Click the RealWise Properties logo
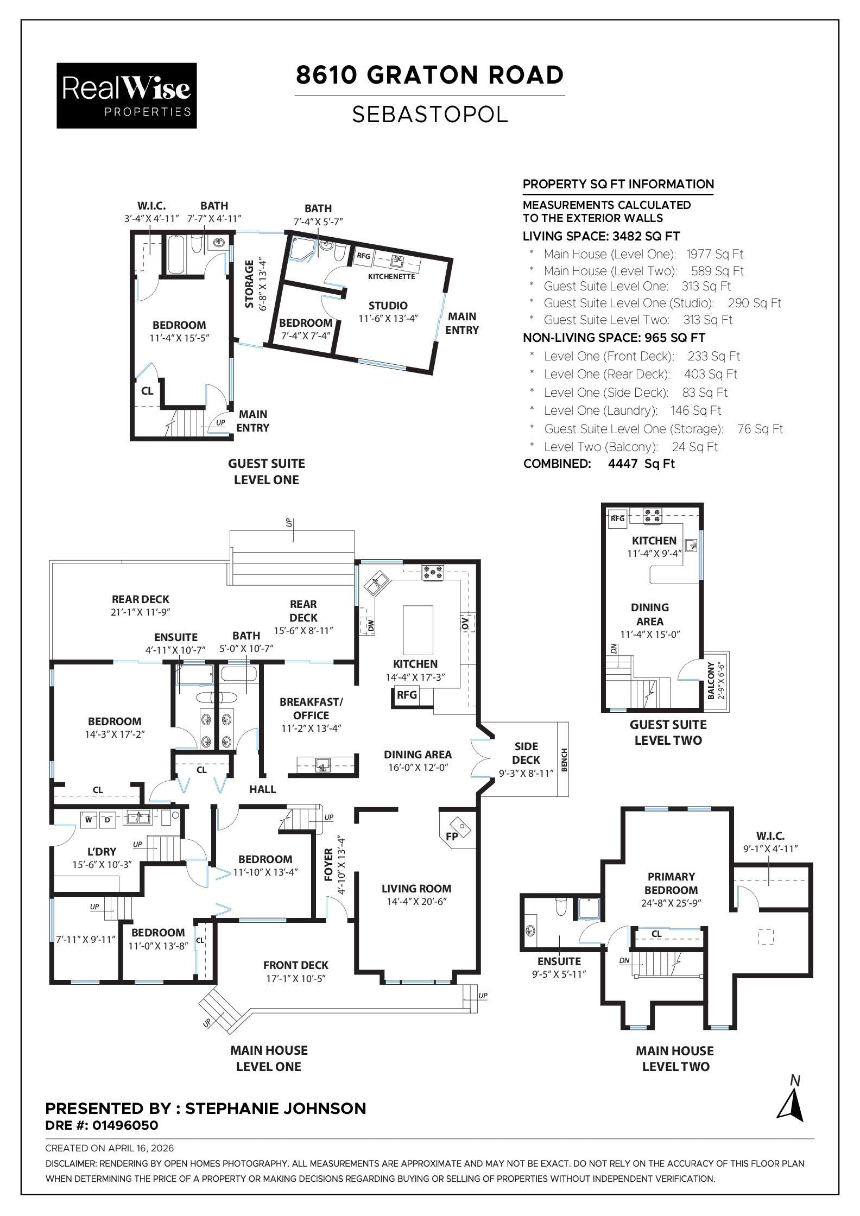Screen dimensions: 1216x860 click(x=127, y=96)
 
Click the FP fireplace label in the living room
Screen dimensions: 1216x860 click(x=452, y=837)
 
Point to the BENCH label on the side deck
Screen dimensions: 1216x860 click(x=564, y=760)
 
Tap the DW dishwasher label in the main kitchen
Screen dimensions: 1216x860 click(x=371, y=626)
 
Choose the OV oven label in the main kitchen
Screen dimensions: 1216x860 click(x=465, y=623)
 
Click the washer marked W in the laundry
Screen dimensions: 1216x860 click(x=88, y=820)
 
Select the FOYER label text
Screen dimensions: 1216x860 click(x=328, y=865)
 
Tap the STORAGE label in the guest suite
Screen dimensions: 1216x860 click(x=249, y=284)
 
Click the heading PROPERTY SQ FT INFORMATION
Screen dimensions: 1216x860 click(x=618, y=184)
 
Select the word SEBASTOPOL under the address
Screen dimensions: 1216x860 click(x=429, y=115)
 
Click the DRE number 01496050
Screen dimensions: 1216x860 click(x=124, y=1125)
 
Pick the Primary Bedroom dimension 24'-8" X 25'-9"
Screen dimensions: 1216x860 click(x=671, y=904)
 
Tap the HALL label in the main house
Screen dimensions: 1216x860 click(x=263, y=789)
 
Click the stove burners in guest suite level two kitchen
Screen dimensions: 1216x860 click(x=652, y=515)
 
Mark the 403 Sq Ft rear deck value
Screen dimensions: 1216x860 click(x=710, y=374)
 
